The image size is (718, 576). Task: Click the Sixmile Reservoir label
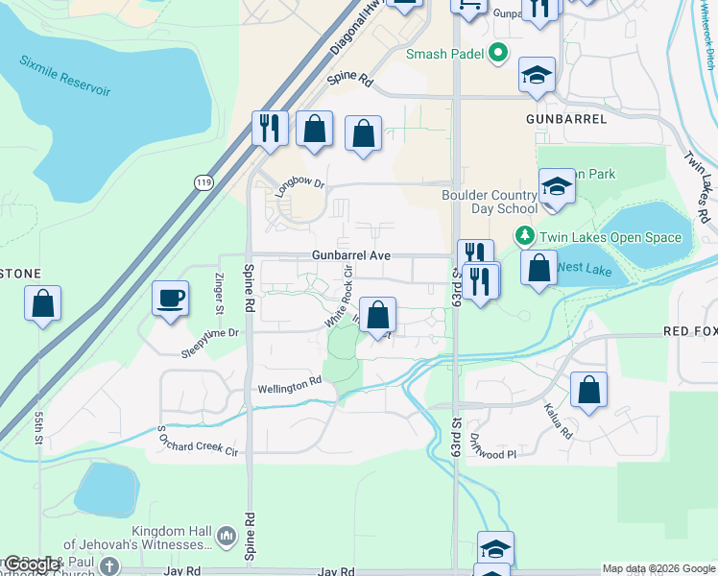click(65, 74)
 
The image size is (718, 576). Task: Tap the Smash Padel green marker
click(498, 54)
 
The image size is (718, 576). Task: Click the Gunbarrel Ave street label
click(350, 256)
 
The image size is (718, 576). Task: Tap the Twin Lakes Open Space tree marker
click(524, 236)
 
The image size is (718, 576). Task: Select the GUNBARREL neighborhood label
click(566, 119)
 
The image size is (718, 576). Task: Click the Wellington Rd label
click(289, 385)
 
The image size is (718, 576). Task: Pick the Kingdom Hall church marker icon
click(227, 535)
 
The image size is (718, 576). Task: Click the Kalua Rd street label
click(558, 420)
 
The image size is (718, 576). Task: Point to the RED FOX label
click(690, 331)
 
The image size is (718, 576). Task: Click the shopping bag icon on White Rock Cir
click(379, 315)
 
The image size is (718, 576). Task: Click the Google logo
click(32, 564)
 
